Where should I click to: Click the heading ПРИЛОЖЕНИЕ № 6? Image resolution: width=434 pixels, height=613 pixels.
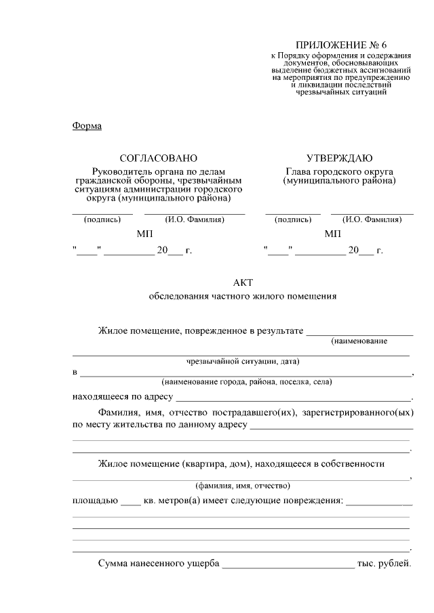click(x=336, y=44)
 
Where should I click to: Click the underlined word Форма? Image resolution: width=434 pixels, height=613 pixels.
click(x=86, y=125)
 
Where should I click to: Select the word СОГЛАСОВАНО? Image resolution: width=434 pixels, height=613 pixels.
click(x=158, y=158)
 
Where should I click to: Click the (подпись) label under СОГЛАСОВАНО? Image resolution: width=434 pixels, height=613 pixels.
click(x=102, y=219)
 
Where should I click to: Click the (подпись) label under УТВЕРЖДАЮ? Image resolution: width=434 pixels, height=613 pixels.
click(x=293, y=219)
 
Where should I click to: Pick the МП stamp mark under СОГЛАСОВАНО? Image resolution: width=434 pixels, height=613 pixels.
click(x=144, y=234)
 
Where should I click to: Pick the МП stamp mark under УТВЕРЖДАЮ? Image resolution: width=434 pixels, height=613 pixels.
click(x=333, y=234)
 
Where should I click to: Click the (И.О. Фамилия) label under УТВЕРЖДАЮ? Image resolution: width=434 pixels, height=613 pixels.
click(x=372, y=219)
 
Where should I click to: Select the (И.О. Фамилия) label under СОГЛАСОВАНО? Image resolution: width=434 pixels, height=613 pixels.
click(x=194, y=219)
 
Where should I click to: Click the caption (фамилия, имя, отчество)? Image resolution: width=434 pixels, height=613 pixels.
click(x=242, y=486)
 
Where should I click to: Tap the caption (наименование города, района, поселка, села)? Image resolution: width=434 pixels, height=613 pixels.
click(x=246, y=382)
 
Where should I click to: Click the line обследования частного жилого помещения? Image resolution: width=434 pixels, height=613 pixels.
click(x=242, y=296)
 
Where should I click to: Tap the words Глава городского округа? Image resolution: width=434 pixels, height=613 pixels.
click(x=339, y=172)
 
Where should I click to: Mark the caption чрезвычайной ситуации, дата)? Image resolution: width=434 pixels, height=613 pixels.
click(x=242, y=360)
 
